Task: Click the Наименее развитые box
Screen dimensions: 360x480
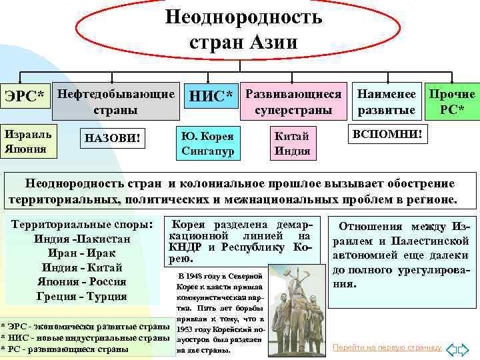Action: coord(387,101)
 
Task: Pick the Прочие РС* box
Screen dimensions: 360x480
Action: coord(452,101)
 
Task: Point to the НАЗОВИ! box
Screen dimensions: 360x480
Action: coord(112,139)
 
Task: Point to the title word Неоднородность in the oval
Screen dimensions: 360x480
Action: coord(243,17)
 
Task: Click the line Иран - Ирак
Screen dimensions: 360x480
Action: coord(82,253)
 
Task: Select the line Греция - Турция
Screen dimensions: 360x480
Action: coord(82,297)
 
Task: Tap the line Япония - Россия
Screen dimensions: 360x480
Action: coord(82,282)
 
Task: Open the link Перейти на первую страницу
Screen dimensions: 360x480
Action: coord(387,347)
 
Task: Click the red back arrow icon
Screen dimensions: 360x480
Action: coord(451,349)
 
